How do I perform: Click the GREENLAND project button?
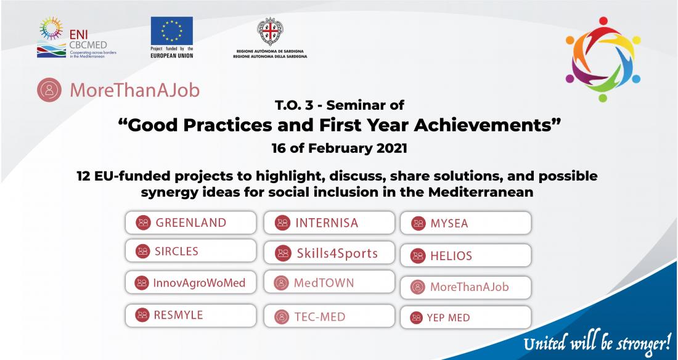(190, 223)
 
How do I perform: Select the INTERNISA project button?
(329, 223)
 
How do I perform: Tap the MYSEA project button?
(466, 223)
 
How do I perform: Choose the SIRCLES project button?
(190, 251)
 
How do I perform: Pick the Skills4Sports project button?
(329, 253)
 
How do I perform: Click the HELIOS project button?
(466, 255)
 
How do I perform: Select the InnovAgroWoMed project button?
(190, 282)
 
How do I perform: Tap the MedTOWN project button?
(329, 282)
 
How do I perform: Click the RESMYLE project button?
(190, 315)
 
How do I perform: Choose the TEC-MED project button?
(329, 316)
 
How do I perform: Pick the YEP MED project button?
(466, 317)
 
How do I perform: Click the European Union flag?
(172, 31)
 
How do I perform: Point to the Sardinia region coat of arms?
(270, 31)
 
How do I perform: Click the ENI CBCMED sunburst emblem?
(51, 28)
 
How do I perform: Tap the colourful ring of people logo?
(603, 59)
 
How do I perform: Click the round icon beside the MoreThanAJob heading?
(49, 89)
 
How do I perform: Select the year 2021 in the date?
(391, 148)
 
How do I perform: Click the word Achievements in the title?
(487, 125)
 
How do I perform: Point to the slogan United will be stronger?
(597, 343)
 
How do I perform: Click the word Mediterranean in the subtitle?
(481, 192)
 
